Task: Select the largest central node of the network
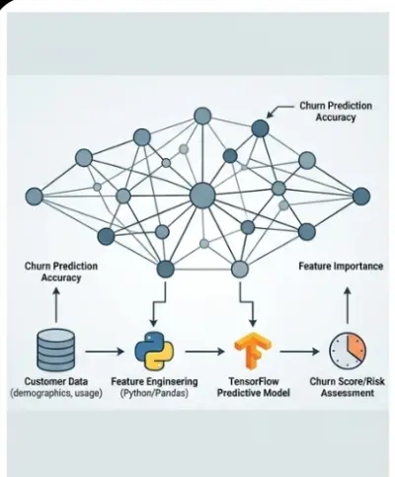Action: (x=201, y=195)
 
